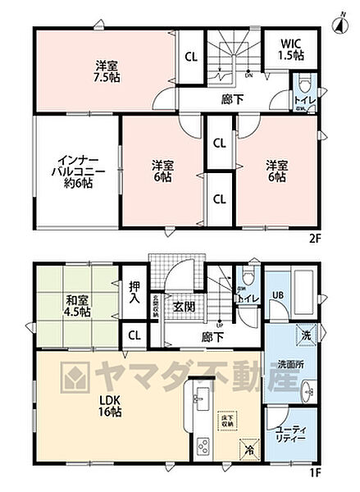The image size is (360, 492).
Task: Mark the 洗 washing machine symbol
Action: click(x=303, y=336)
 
